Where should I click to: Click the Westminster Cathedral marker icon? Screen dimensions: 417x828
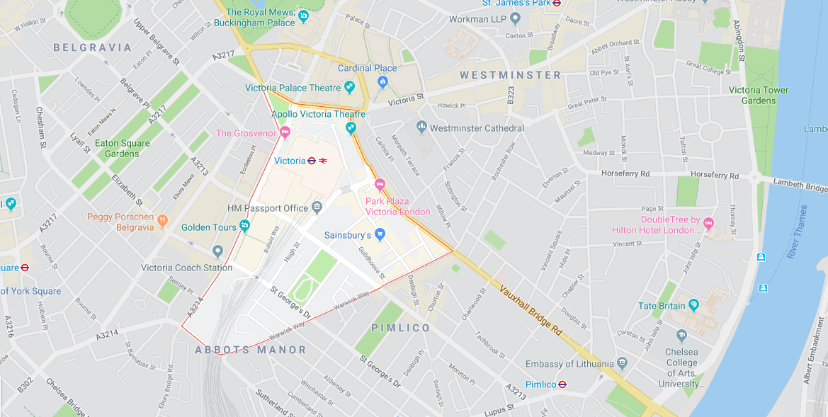coord(421,127)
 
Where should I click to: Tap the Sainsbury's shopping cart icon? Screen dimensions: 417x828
coord(380,234)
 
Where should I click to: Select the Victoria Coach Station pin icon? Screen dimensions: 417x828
coord(217,252)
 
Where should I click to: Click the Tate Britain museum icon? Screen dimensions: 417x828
coord(693,305)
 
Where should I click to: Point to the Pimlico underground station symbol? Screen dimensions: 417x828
coord(562,384)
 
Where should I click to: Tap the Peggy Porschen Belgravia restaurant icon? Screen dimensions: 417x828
coord(162,220)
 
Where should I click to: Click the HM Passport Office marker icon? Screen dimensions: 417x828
coord(315,207)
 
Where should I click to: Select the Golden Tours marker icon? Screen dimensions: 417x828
coord(244,226)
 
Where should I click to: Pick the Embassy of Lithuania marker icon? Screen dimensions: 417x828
coord(622,363)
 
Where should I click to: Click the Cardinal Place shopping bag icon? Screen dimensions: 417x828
coord(383,82)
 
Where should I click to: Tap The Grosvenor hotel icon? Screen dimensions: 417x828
coord(285,132)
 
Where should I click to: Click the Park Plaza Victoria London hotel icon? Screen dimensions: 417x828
coord(379,185)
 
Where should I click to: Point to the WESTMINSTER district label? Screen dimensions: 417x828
coord(510,74)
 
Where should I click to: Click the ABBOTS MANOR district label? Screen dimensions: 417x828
coord(251,350)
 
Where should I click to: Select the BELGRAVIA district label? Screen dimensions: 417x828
coord(93,47)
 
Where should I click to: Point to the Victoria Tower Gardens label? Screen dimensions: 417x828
coord(758,95)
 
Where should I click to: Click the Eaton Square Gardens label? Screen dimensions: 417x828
coord(123,148)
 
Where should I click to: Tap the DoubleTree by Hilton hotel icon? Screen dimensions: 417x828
coord(709,224)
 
